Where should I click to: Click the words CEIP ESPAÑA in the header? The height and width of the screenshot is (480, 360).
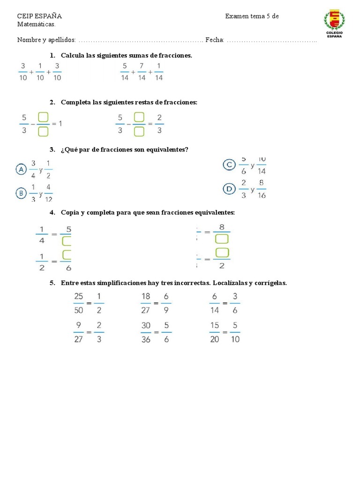[x=39, y=16]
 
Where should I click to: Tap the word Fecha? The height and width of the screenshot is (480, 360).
[x=214, y=40]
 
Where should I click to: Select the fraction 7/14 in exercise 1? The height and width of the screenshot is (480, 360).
[x=142, y=72]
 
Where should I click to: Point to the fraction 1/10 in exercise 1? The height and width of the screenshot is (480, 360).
[x=40, y=72]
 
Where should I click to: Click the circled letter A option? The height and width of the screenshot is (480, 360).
[x=21, y=169]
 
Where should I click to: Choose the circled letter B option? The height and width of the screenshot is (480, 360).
[x=21, y=193]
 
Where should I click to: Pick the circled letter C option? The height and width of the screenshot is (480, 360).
[x=229, y=165]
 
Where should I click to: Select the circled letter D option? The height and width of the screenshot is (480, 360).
[x=229, y=189]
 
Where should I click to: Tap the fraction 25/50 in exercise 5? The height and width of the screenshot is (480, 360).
[x=78, y=303]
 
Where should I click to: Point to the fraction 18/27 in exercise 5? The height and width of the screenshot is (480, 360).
[x=145, y=303]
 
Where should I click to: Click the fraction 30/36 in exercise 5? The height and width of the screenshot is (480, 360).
[x=145, y=332]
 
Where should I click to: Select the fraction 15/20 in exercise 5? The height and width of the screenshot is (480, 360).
[x=214, y=332]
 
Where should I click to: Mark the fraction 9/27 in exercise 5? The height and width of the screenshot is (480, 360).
[x=78, y=332]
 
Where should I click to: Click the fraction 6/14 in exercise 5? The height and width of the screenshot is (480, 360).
[x=214, y=303]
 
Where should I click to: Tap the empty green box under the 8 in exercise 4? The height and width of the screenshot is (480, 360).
[x=221, y=240]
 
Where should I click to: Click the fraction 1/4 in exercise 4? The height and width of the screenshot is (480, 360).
[x=42, y=235]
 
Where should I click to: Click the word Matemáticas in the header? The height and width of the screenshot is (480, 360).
[x=37, y=24]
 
